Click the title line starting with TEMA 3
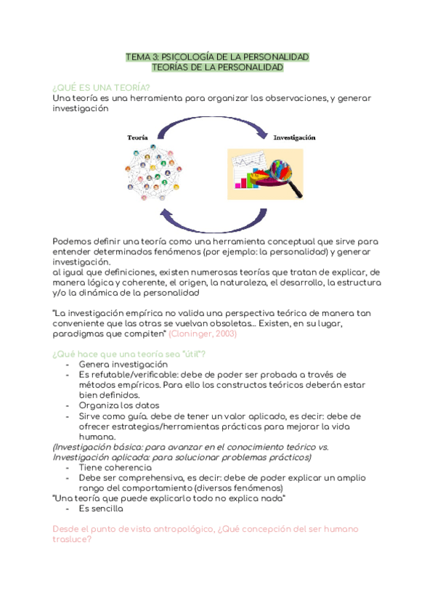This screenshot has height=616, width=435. [217, 56]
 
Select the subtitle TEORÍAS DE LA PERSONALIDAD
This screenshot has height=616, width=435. [217, 67]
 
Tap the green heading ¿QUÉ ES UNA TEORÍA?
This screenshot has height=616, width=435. [101, 87]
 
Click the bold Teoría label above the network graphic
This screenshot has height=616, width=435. [138, 137]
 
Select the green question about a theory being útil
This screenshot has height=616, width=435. [129, 353]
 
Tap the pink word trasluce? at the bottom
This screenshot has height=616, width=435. [72, 541]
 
